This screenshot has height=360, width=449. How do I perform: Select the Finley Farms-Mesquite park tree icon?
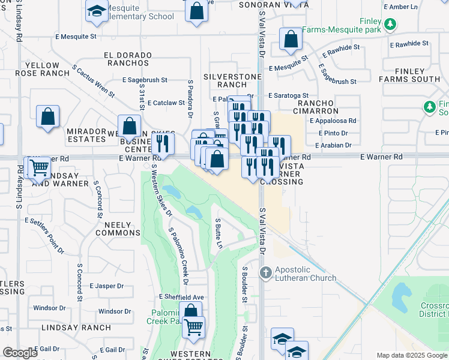pos(391,24)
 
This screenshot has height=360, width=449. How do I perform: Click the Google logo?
pos(20,353)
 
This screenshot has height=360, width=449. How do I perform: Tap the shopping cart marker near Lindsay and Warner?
pos(38,167)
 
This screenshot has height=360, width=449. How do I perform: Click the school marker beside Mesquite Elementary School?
pos(96,12)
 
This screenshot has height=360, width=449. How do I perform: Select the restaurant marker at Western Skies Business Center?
pos(161,143)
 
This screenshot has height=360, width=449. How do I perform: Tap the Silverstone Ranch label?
pos(232,80)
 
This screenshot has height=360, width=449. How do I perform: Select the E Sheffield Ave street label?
pos(182,297)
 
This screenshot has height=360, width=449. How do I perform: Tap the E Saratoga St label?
pos(288,95)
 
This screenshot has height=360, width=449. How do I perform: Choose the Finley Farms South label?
pos(418,75)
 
